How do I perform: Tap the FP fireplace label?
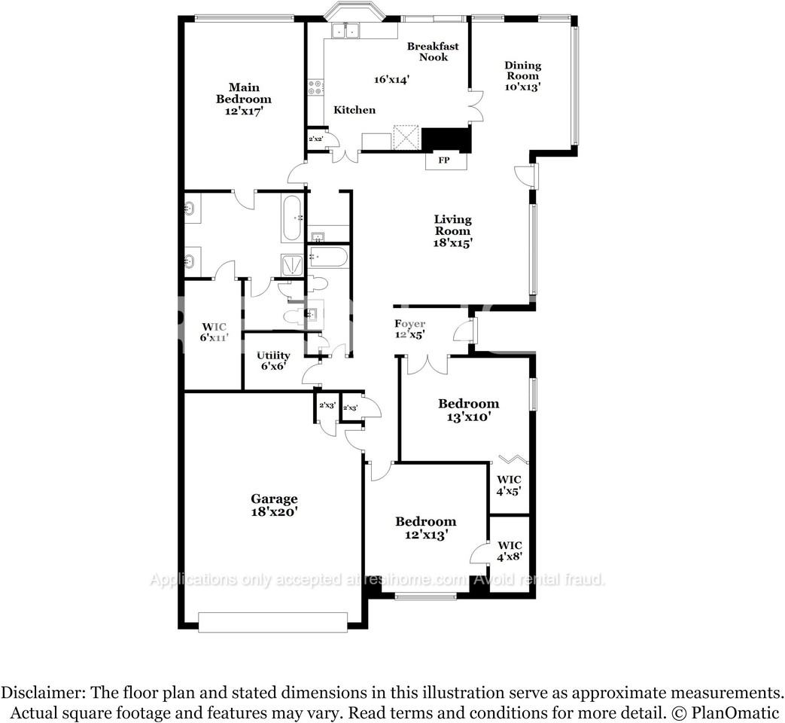pos(444,160)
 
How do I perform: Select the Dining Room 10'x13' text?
pos(522,76)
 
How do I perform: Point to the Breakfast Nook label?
pos(433,51)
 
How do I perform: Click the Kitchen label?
pos(354,110)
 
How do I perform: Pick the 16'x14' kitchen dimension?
pos(391,79)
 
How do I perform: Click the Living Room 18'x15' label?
pos(452,231)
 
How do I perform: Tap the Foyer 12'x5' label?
pos(410,329)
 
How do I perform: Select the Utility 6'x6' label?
pos(273,361)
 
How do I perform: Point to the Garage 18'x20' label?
pos(274,505)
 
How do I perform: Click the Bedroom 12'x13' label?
pos(426,527)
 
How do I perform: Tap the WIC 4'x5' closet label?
pos(509,485)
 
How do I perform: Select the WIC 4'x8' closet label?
pos(509,551)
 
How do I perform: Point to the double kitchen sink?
pos(347,31)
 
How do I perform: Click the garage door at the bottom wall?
pos(273,621)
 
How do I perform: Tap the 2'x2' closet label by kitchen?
pos(316,139)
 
